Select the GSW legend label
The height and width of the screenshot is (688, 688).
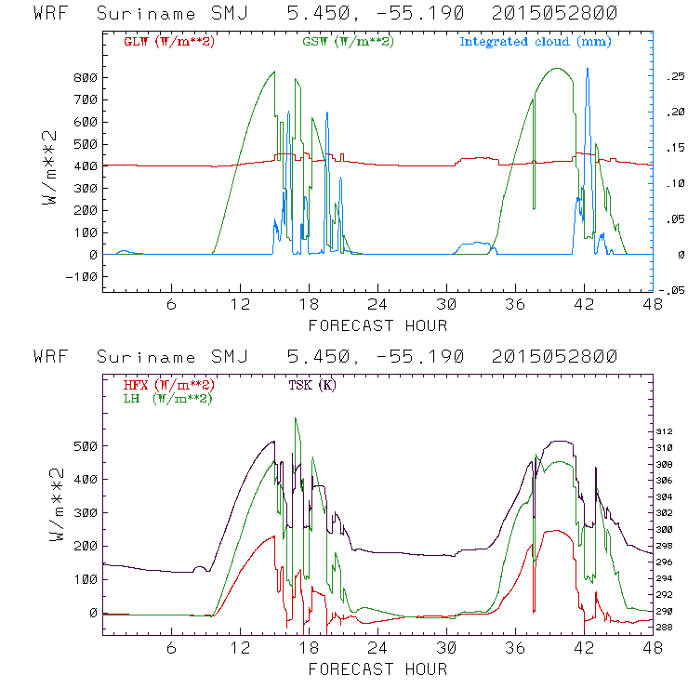[x=346, y=42]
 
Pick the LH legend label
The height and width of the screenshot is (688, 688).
[x=168, y=398]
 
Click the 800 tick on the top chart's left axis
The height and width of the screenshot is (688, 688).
[x=86, y=77]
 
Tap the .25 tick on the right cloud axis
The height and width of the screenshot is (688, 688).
[x=672, y=77]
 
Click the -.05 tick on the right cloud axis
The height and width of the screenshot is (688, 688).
[x=669, y=290]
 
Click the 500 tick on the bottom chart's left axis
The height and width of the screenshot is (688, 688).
[x=86, y=446]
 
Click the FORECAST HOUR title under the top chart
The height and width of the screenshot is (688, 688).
[x=377, y=325]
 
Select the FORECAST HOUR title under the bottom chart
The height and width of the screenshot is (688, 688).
[x=377, y=668]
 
